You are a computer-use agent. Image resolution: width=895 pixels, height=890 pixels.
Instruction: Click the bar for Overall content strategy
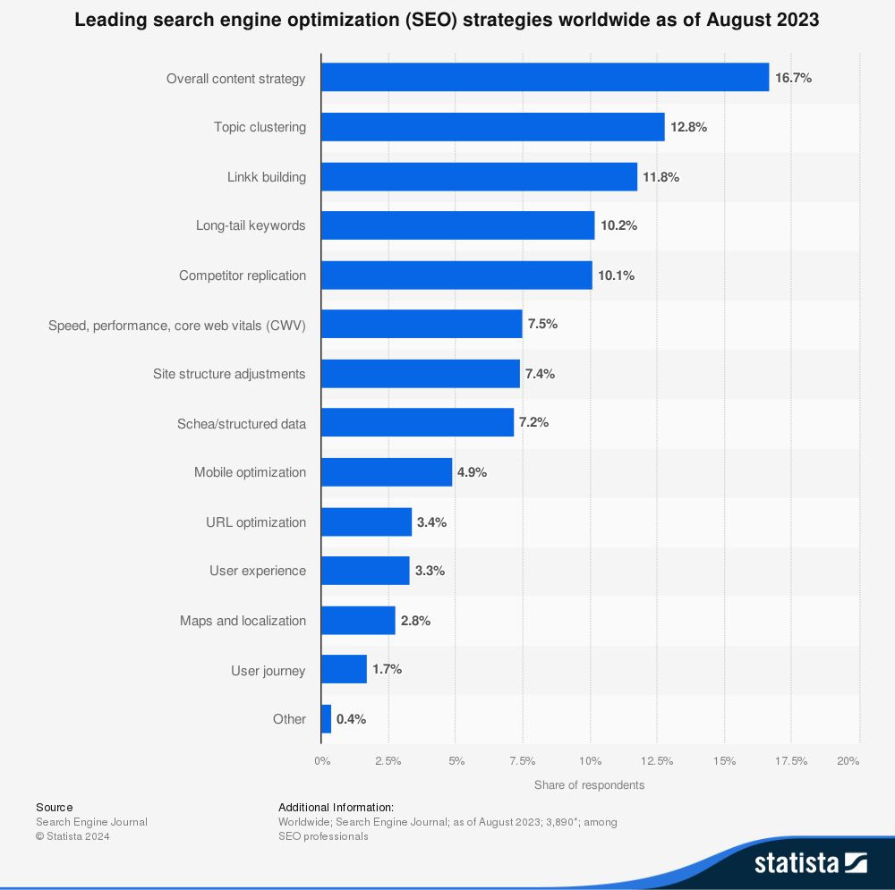click(x=544, y=78)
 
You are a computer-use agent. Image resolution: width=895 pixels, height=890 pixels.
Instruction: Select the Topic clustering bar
click(x=492, y=127)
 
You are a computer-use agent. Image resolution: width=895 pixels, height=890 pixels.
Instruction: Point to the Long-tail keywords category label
click(x=251, y=225)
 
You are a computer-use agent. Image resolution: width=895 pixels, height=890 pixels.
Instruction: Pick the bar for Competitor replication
click(x=456, y=275)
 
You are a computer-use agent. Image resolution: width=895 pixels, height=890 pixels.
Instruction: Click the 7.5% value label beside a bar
click(x=542, y=324)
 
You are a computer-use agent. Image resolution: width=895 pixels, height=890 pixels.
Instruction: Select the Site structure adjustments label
click(x=229, y=374)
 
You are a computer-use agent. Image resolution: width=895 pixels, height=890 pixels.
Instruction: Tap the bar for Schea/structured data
click(x=417, y=423)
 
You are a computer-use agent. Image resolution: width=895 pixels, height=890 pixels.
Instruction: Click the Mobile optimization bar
click(x=387, y=472)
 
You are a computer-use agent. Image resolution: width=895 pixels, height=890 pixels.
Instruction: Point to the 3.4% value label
click(x=431, y=522)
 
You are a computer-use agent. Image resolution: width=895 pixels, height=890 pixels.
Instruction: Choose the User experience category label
click(x=258, y=571)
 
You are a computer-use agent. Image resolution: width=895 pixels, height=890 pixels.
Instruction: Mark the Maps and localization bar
click(x=358, y=621)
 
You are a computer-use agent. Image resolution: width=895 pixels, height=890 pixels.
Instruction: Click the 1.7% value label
click(x=387, y=669)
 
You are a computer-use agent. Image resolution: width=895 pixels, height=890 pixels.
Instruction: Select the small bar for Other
click(x=327, y=719)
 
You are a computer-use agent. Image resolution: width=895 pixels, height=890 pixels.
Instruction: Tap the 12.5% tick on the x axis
click(x=657, y=761)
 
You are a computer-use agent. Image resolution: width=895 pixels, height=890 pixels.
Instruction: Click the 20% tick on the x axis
click(x=848, y=761)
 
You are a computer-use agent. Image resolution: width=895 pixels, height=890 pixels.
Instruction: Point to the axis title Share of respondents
click(x=589, y=785)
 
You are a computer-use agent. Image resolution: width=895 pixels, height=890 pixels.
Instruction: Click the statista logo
click(x=810, y=863)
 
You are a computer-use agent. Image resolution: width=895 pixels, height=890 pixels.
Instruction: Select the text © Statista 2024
click(x=72, y=836)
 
